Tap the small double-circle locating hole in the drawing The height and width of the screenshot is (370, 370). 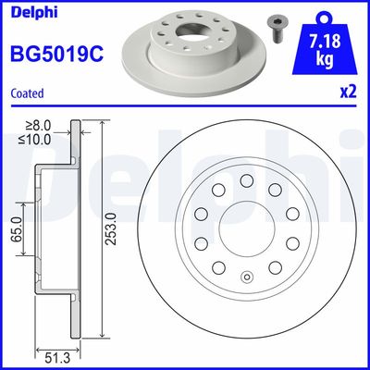click(x=246, y=277)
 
